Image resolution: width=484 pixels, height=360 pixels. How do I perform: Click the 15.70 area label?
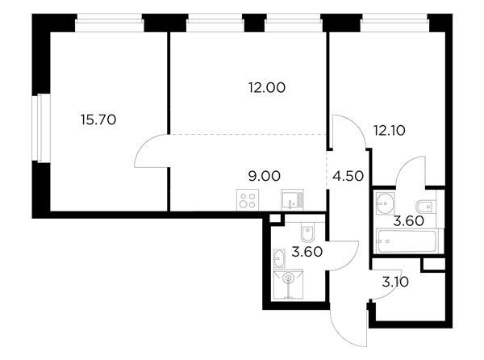98,119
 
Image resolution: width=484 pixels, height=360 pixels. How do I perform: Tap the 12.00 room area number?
267,88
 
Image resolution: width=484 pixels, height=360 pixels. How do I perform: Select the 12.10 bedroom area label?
390,131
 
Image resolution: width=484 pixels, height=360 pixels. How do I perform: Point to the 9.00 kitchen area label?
265,176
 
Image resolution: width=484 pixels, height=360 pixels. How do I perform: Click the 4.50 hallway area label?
348,176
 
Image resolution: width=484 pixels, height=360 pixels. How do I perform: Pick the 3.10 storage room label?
395,282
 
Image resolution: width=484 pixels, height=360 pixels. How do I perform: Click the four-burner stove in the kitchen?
248,200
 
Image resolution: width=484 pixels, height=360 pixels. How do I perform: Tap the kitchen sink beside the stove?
292,200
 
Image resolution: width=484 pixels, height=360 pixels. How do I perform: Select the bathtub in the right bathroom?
407,241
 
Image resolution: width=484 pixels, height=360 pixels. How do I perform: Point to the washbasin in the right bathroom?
386,203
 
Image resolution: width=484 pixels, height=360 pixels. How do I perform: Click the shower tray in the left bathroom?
288,284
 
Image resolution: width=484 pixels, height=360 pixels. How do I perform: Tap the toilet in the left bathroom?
307,232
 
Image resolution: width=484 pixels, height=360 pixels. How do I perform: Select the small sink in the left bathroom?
279,258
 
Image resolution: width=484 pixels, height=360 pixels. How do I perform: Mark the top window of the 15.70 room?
110,23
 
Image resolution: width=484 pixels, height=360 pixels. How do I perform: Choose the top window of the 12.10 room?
394,23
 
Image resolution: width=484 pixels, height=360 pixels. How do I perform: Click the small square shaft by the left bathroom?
275,218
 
